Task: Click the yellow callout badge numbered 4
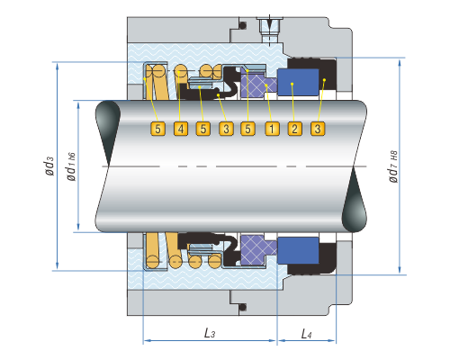pyautogui.click(x=181, y=129)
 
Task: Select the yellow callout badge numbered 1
pyautogui.click(x=272, y=129)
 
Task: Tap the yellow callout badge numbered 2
pyautogui.click(x=294, y=129)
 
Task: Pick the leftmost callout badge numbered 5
pyautogui.click(x=157, y=129)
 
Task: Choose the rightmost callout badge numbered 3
pyautogui.click(x=318, y=129)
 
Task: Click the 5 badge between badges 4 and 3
pyautogui.click(x=203, y=129)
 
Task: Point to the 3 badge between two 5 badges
pyautogui.click(x=226, y=129)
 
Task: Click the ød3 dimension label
pyautogui.click(x=49, y=166)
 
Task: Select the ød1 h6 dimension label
pyautogui.click(x=71, y=166)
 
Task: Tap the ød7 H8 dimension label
pyautogui.click(x=393, y=166)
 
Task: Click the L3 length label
pyautogui.click(x=210, y=333)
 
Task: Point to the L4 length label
pyautogui.click(x=306, y=334)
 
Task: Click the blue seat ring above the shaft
pyautogui.click(x=298, y=82)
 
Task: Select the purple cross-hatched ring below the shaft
pyautogui.click(x=258, y=248)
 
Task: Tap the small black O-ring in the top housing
pyautogui.click(x=243, y=25)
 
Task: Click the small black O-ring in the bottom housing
pyautogui.click(x=243, y=307)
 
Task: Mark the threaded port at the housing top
pyautogui.click(x=270, y=29)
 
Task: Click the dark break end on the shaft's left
pyautogui.click(x=107, y=132)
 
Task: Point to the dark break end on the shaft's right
pyautogui.click(x=355, y=200)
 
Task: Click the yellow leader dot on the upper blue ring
pyautogui.click(x=292, y=84)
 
